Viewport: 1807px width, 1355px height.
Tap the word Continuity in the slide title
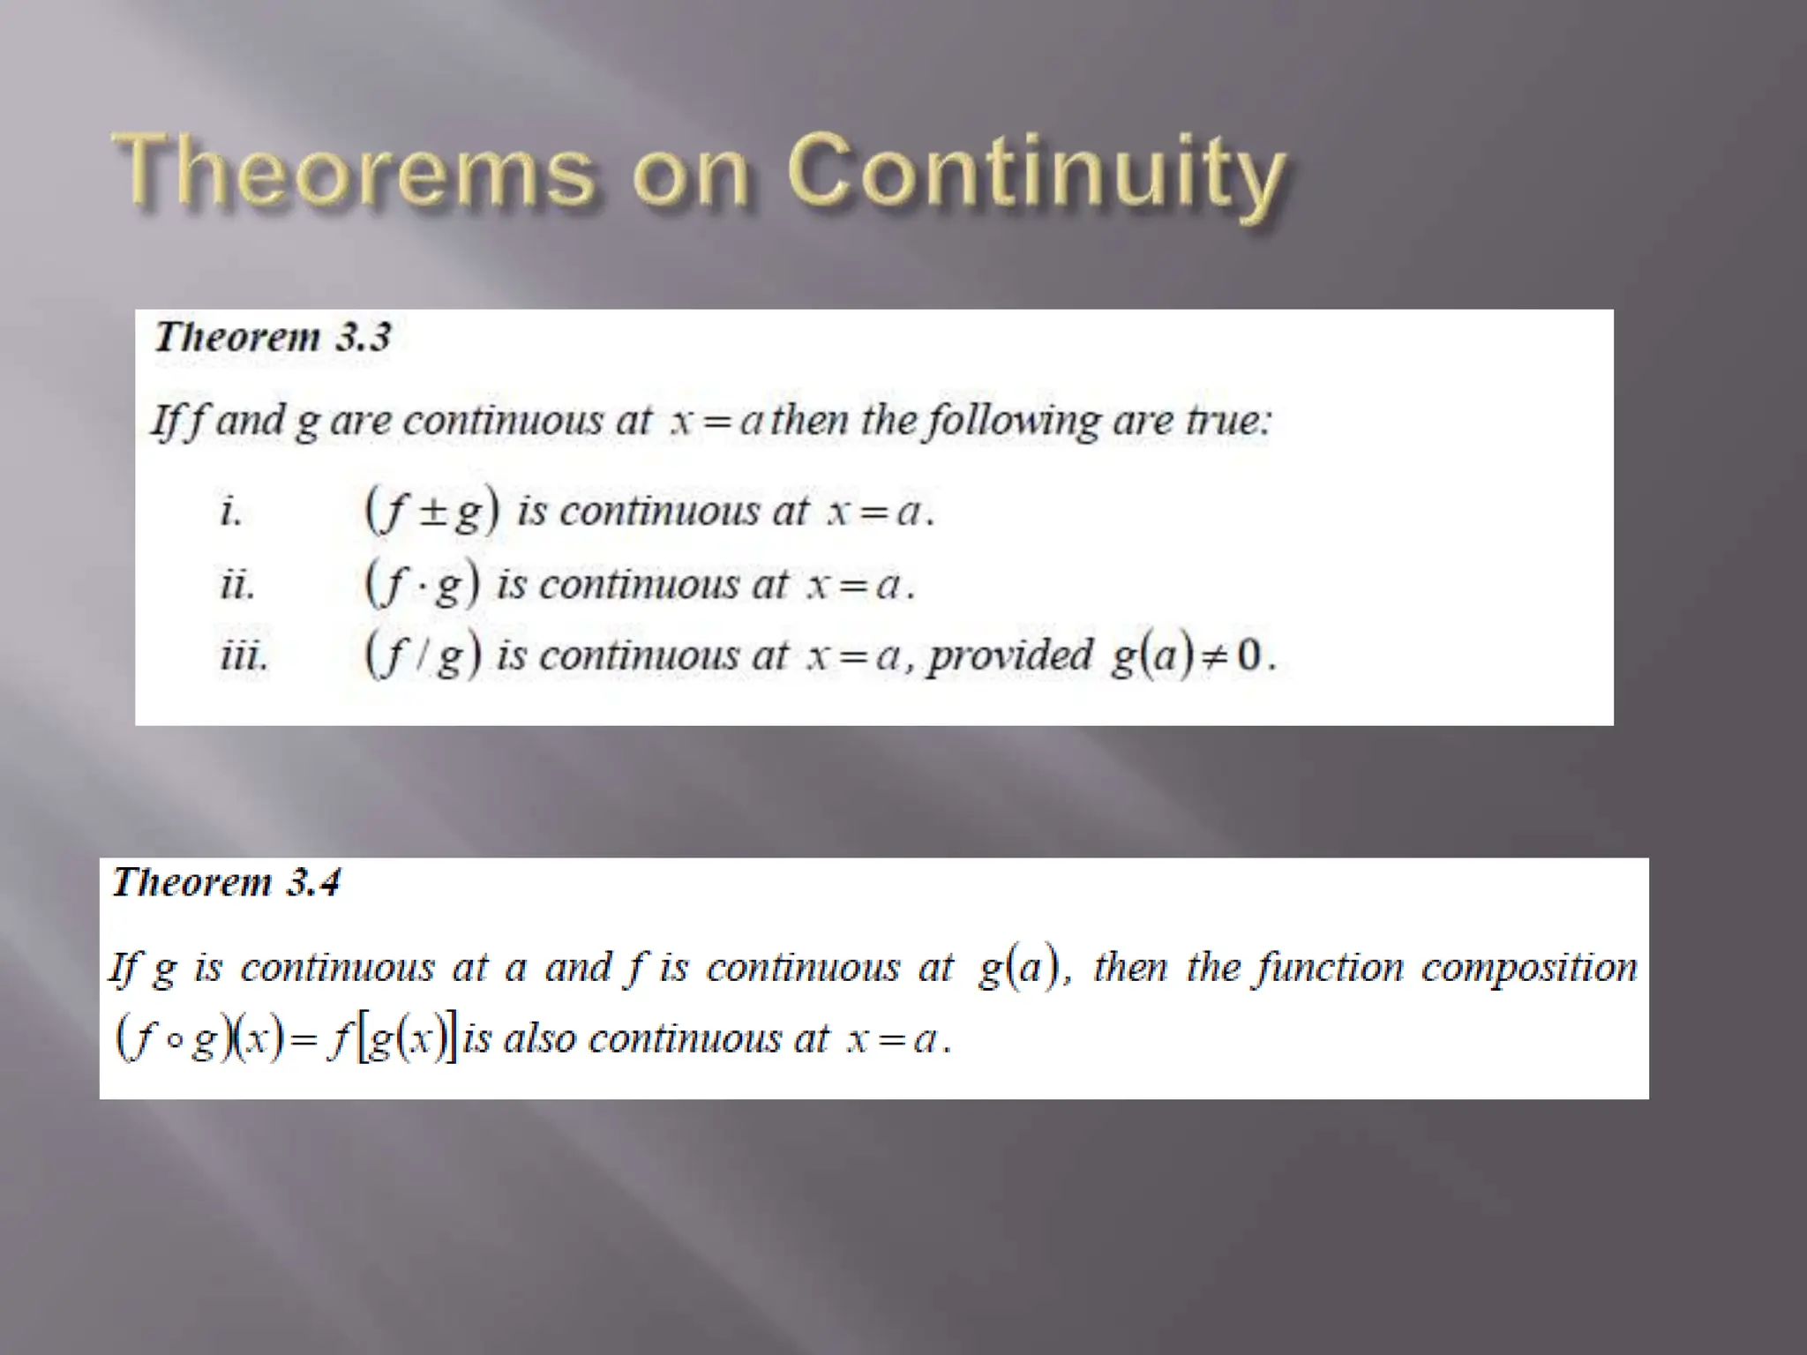pyautogui.click(x=1036, y=173)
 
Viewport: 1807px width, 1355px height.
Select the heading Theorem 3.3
pyautogui.click(x=272, y=337)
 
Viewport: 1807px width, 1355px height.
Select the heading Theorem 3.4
pyautogui.click(x=226, y=882)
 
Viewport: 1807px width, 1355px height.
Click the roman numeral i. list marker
pyautogui.click(x=230, y=512)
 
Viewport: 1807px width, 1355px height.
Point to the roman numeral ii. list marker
pyautogui.click(x=237, y=585)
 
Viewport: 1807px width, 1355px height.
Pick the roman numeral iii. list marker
pyautogui.click(x=244, y=656)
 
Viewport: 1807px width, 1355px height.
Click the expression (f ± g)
pyautogui.click(x=432, y=512)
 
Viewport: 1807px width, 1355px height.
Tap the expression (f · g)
pyautogui.click(x=423, y=585)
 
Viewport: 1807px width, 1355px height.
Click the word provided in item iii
pyautogui.click(x=1009, y=656)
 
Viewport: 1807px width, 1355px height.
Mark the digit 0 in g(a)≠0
pyautogui.click(x=1249, y=656)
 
